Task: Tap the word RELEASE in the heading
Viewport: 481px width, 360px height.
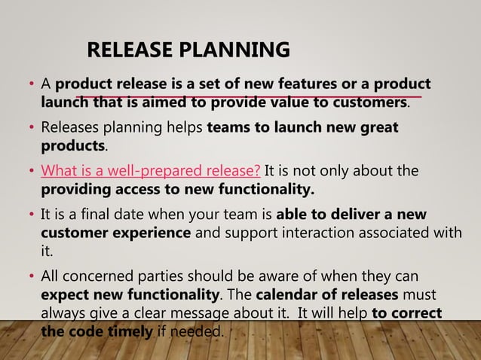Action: [x=130, y=50]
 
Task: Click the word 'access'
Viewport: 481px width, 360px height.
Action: [x=136, y=188]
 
